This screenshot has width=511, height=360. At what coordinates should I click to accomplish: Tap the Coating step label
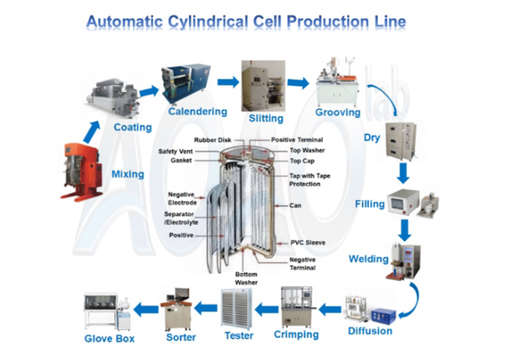pos(132,127)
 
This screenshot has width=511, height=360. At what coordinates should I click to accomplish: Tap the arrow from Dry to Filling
pos(403,173)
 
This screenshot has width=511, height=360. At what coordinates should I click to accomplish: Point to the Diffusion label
pos(370,331)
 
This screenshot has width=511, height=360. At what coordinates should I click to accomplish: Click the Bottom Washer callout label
pos(246,279)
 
